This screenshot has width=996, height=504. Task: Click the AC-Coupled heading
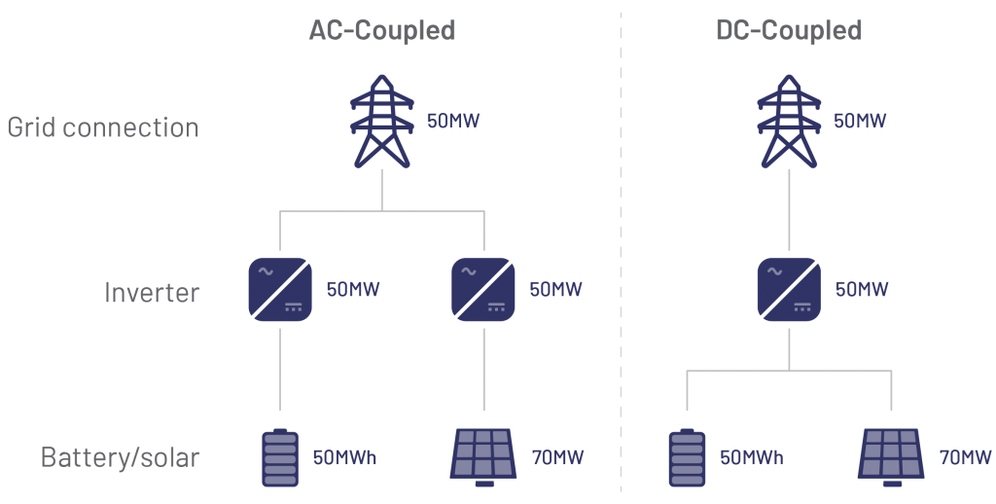[382, 30]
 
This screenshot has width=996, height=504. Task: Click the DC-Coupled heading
[789, 30]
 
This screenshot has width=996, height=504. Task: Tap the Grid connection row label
[103, 127]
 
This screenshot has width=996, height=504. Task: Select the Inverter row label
[152, 292]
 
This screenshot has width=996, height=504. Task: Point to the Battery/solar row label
[120, 456]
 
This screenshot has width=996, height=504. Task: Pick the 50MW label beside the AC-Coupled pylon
[453, 122]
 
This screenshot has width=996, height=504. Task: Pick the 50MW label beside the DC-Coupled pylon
[860, 122]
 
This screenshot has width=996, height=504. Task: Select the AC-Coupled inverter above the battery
[280, 289]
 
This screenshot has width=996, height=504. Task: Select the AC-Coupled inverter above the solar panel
[483, 289]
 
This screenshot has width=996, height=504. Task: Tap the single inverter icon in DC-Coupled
[789, 289]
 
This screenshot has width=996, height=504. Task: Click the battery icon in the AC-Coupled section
[280, 457]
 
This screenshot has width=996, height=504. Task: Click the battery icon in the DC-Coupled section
[687, 457]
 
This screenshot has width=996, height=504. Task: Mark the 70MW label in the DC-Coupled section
[965, 457]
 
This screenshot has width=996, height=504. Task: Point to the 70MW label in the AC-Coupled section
[558, 457]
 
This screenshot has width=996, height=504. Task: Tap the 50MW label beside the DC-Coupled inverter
[861, 290]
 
